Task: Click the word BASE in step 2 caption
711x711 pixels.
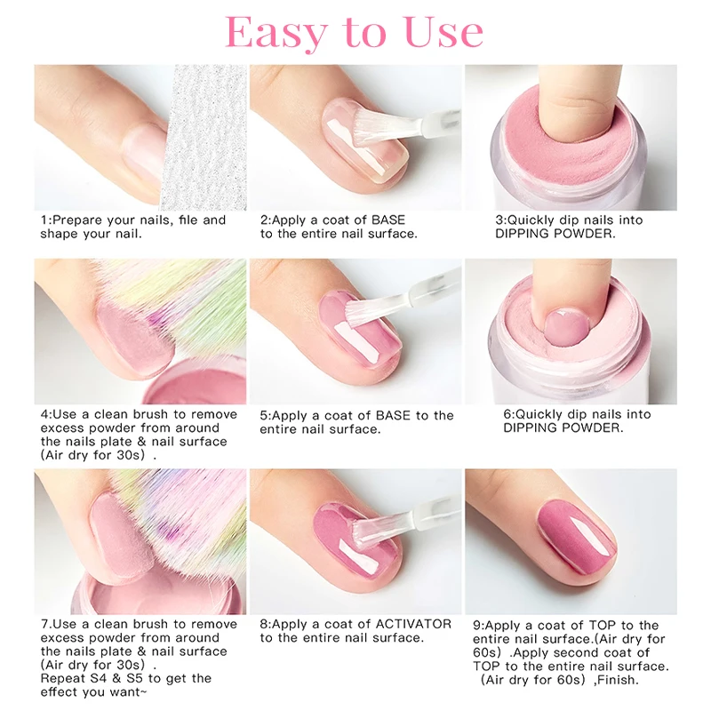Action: click(x=387, y=220)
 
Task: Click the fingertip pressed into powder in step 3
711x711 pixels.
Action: click(x=582, y=107)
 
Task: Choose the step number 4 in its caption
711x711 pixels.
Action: click(x=44, y=414)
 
